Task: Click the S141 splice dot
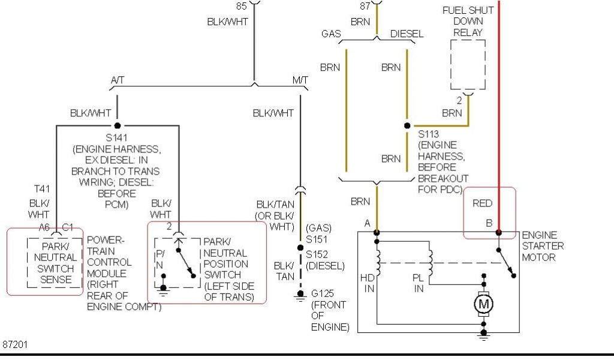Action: [118, 125]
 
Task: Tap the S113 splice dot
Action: [407, 126]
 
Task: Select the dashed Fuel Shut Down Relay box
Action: [468, 65]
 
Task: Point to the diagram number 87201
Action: [15, 345]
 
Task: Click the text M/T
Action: [300, 80]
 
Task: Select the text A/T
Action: [118, 80]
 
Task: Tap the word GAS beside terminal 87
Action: [331, 34]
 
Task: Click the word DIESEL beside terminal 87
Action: [407, 34]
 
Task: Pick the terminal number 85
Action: [242, 7]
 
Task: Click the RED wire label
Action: [482, 203]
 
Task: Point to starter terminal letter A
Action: [367, 223]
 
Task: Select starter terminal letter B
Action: [489, 223]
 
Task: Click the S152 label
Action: [318, 255]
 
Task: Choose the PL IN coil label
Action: [419, 283]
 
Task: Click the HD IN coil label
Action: [368, 283]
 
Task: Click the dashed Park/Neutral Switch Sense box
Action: [54, 262]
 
